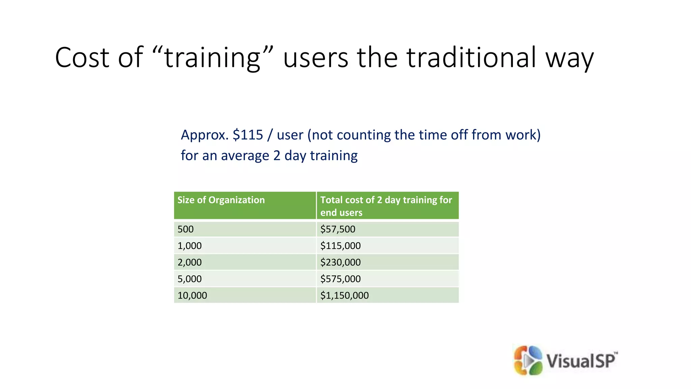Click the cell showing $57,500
(x=338, y=229)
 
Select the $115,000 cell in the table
(x=340, y=246)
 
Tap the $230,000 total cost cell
(x=340, y=262)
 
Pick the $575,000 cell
(x=340, y=279)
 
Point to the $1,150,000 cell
(x=344, y=295)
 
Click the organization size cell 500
(x=186, y=229)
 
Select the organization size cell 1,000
(x=190, y=246)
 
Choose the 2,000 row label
(x=190, y=262)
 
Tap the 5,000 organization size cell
(x=190, y=279)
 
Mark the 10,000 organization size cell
(x=192, y=295)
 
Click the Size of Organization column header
(x=221, y=200)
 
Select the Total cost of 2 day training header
(x=386, y=206)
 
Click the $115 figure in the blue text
(x=248, y=135)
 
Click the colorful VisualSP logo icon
(x=528, y=360)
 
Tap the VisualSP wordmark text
(x=581, y=360)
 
